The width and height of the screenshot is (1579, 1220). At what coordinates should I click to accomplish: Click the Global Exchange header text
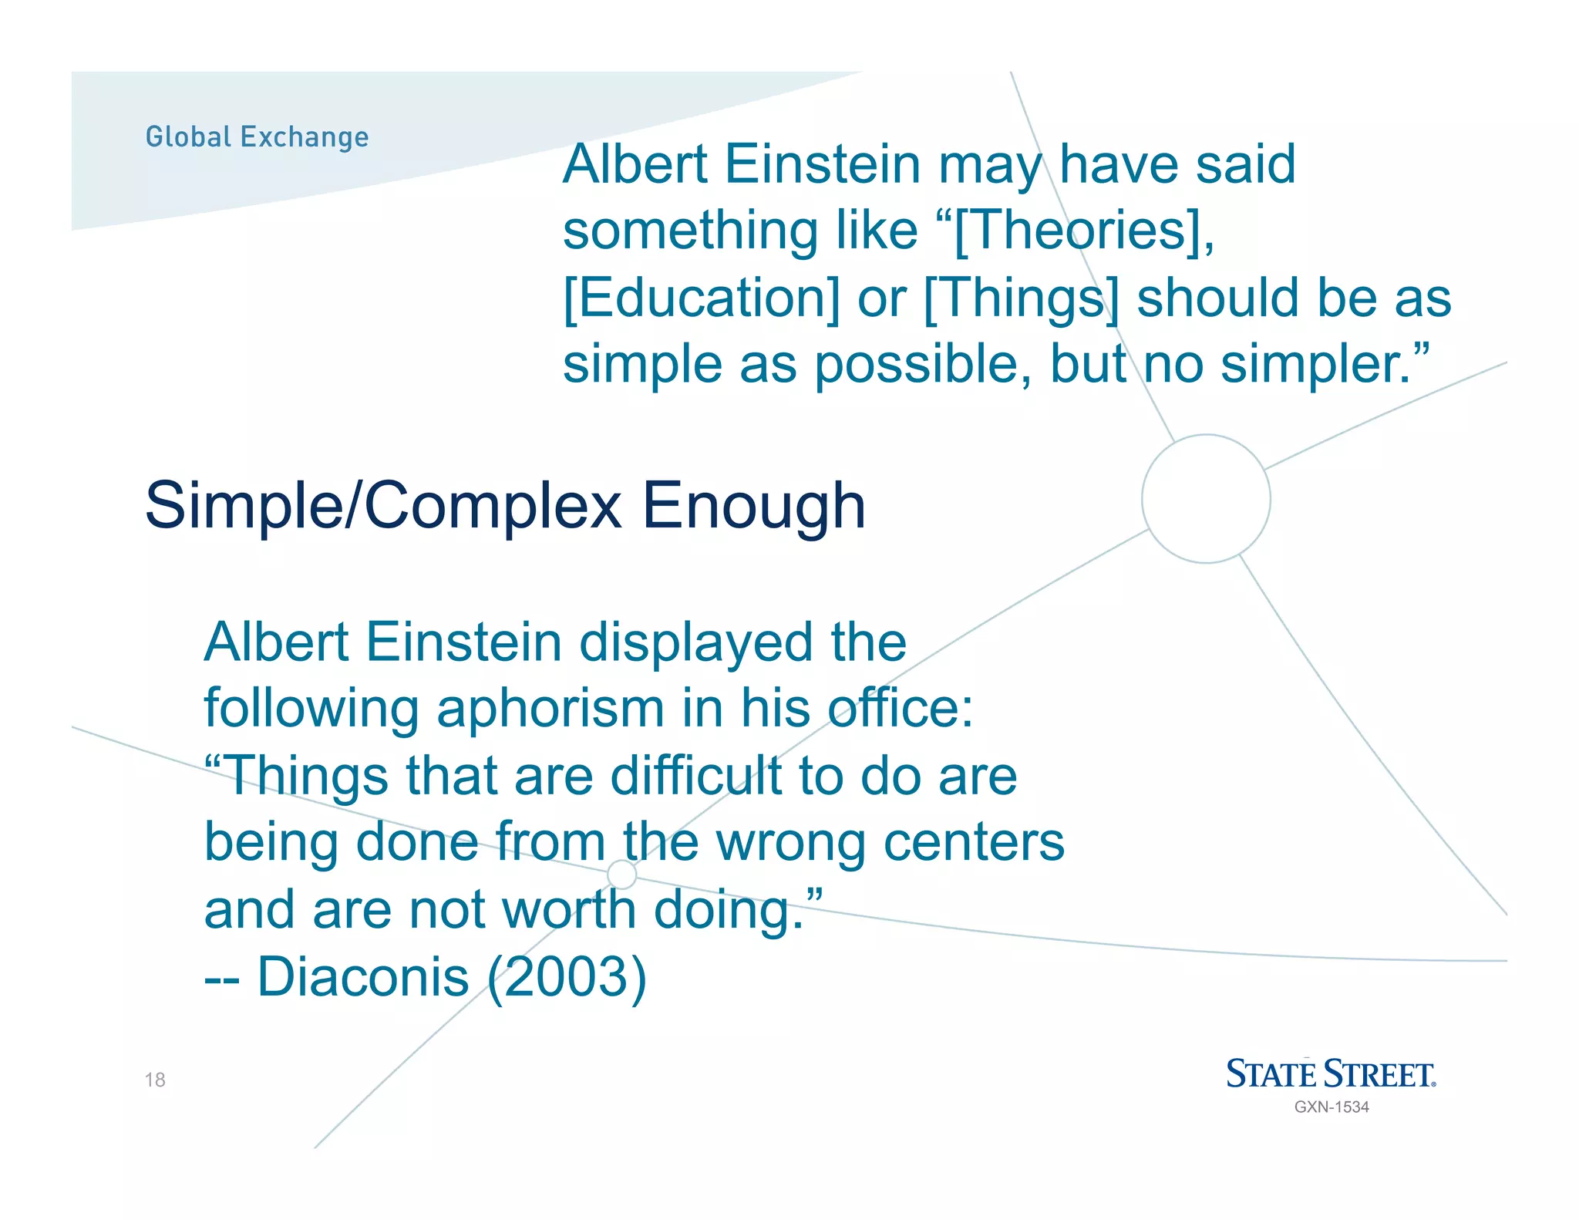coord(257,137)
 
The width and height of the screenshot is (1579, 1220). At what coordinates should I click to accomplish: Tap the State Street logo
coord(1331,1074)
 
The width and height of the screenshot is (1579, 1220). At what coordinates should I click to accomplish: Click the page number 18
coord(155,1080)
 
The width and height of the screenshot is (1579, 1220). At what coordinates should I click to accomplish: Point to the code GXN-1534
coord(1332,1107)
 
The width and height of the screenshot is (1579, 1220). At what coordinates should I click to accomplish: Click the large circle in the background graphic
coord(1206,499)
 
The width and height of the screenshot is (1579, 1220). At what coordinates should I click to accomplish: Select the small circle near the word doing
coord(621,875)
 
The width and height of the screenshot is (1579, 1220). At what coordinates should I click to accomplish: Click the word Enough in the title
coord(753,506)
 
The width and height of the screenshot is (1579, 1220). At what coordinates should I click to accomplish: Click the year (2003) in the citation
coord(567,977)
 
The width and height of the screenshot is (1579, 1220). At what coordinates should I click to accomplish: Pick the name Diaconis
coord(362,977)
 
